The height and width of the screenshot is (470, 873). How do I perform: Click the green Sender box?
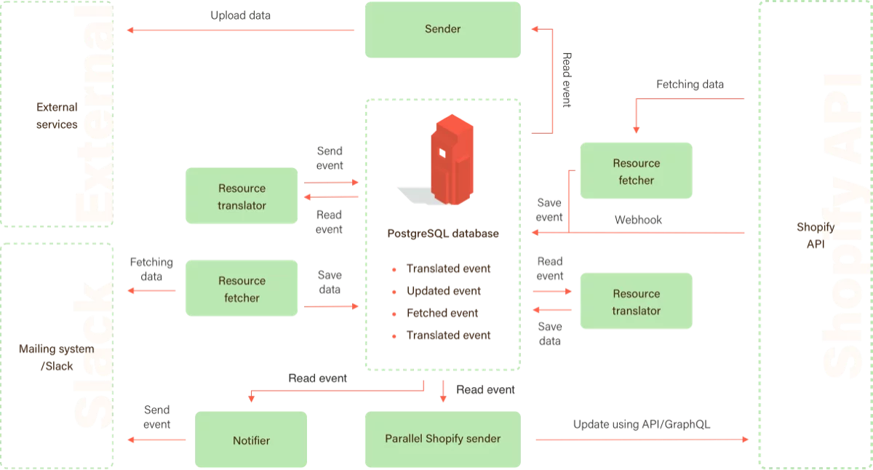(442, 30)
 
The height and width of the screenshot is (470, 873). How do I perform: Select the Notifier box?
(251, 440)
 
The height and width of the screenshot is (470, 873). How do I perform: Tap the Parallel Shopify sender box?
(442, 439)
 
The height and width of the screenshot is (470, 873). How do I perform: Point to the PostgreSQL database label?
(442, 234)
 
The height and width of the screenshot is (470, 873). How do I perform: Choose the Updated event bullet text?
(444, 291)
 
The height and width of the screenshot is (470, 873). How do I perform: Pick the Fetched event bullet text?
(442, 314)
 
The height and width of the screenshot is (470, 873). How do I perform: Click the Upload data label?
(240, 15)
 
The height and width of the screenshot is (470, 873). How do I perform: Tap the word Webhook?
(638, 220)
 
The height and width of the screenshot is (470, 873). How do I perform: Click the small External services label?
(57, 116)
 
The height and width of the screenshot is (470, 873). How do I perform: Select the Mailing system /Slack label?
(57, 358)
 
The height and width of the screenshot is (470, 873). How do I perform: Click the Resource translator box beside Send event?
(242, 196)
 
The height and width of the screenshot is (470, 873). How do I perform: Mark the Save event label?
(549, 210)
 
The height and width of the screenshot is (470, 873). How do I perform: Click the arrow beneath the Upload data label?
(240, 30)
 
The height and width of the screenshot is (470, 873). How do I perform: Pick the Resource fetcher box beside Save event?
(636, 171)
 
